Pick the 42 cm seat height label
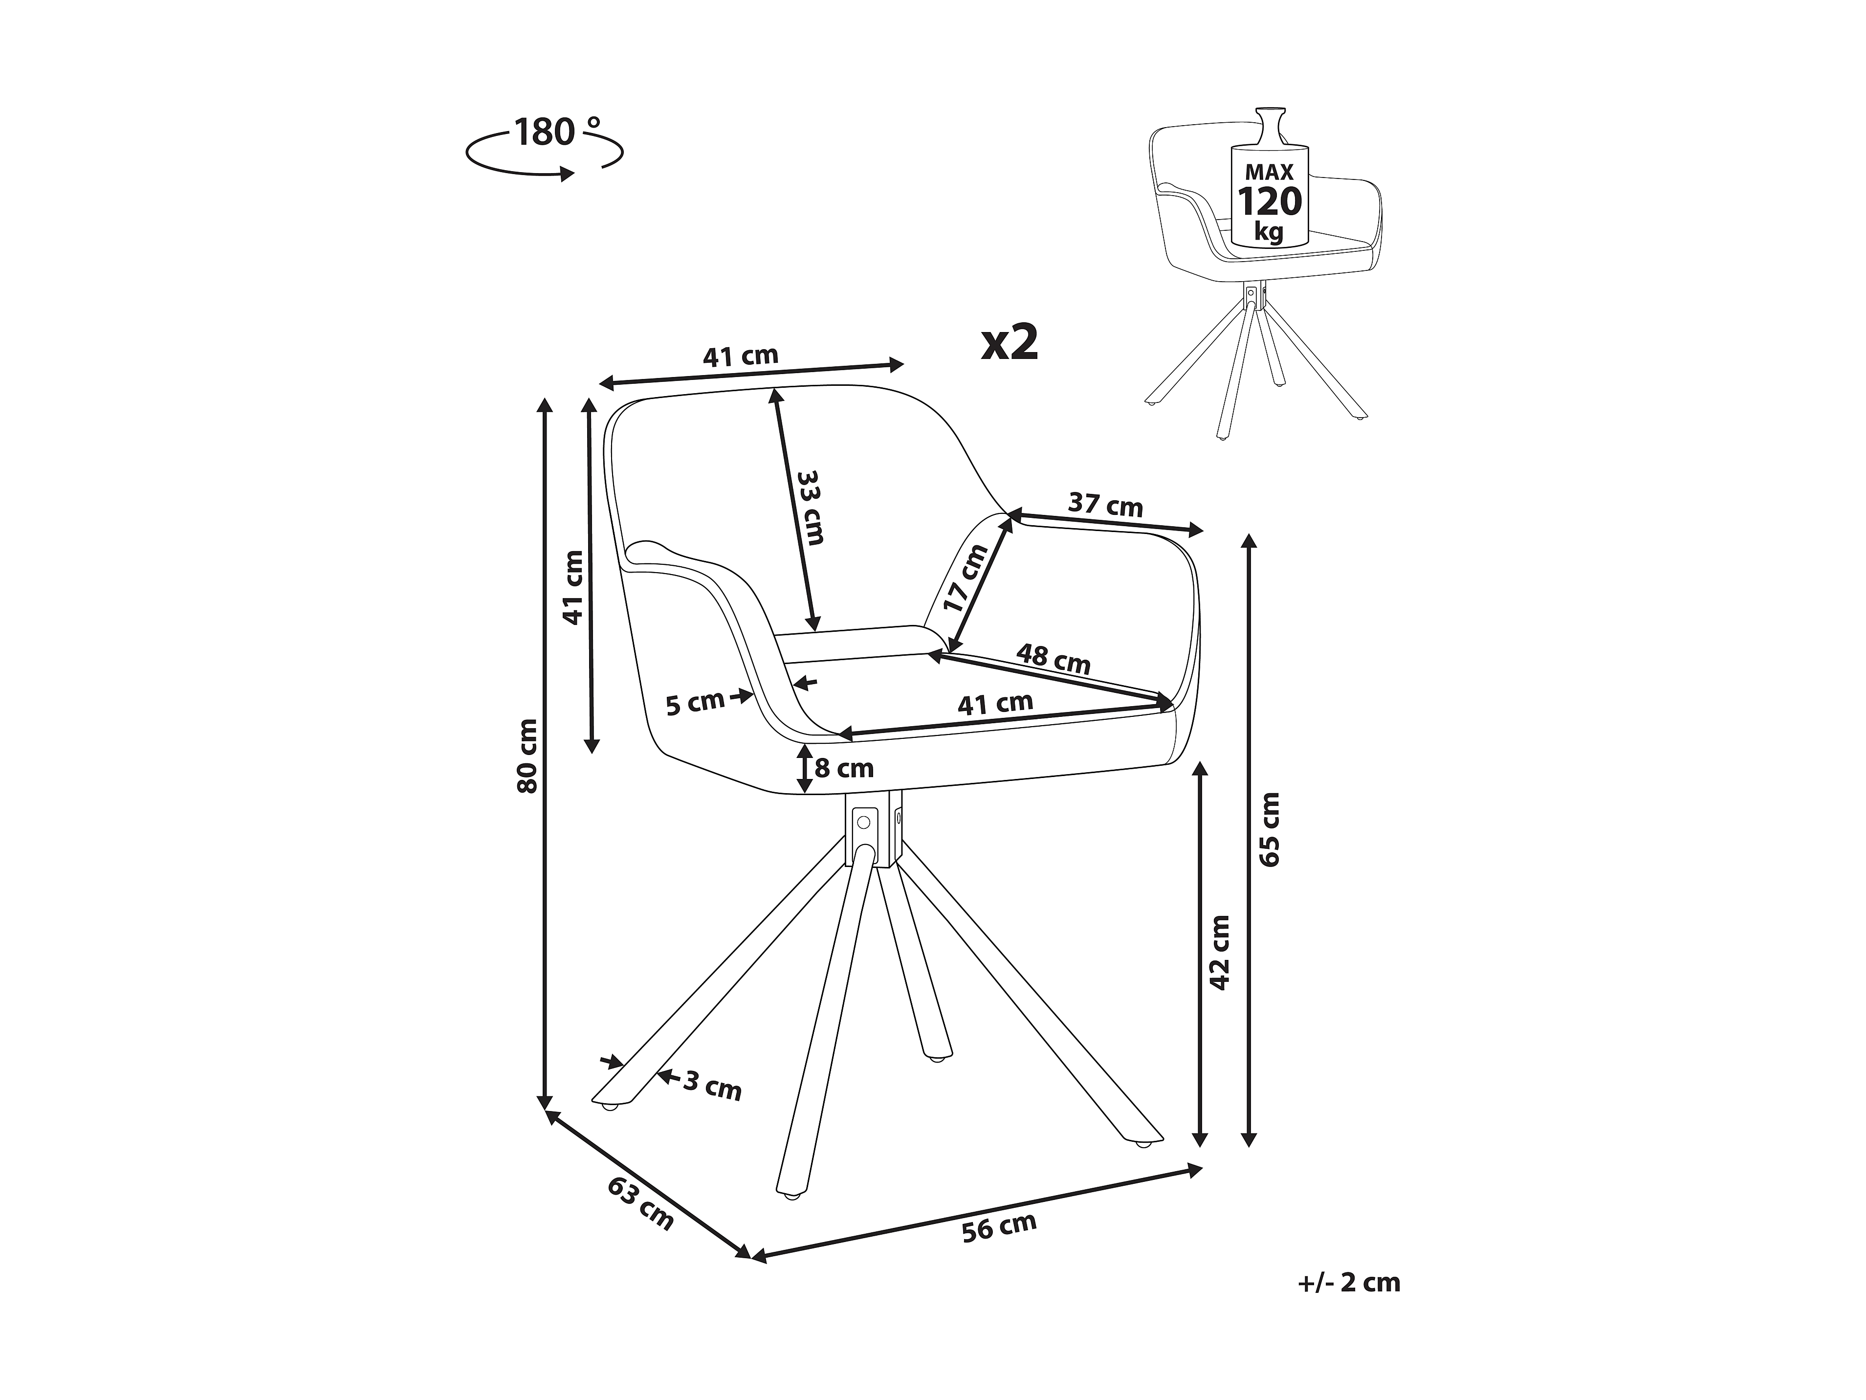pyautogui.click(x=1220, y=952)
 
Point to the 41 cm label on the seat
pyautogui.click(x=995, y=703)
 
